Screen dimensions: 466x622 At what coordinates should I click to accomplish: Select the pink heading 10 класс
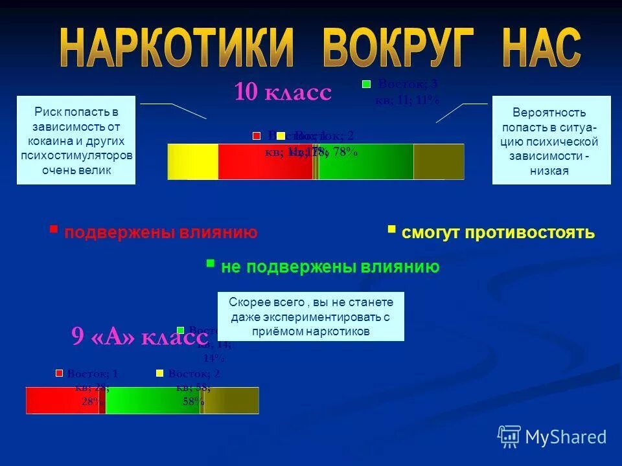(282, 93)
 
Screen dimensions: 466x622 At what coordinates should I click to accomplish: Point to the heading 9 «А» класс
(139, 337)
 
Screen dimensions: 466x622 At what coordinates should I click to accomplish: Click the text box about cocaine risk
(76, 140)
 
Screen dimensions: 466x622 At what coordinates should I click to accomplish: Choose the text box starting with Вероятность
(551, 140)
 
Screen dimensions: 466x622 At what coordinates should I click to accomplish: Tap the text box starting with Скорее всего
(310, 316)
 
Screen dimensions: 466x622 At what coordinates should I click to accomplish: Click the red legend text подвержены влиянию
(161, 232)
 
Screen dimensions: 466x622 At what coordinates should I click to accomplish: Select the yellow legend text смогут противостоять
(498, 232)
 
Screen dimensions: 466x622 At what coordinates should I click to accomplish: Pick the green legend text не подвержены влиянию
(330, 267)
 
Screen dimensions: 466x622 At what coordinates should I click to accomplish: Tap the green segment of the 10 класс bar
(365, 162)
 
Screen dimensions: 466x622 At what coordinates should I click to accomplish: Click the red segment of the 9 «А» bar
(62, 401)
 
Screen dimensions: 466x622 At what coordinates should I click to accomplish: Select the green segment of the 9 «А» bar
(152, 401)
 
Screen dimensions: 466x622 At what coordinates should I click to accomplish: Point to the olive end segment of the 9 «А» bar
(231, 401)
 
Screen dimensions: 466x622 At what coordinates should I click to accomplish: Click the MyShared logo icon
(509, 436)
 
